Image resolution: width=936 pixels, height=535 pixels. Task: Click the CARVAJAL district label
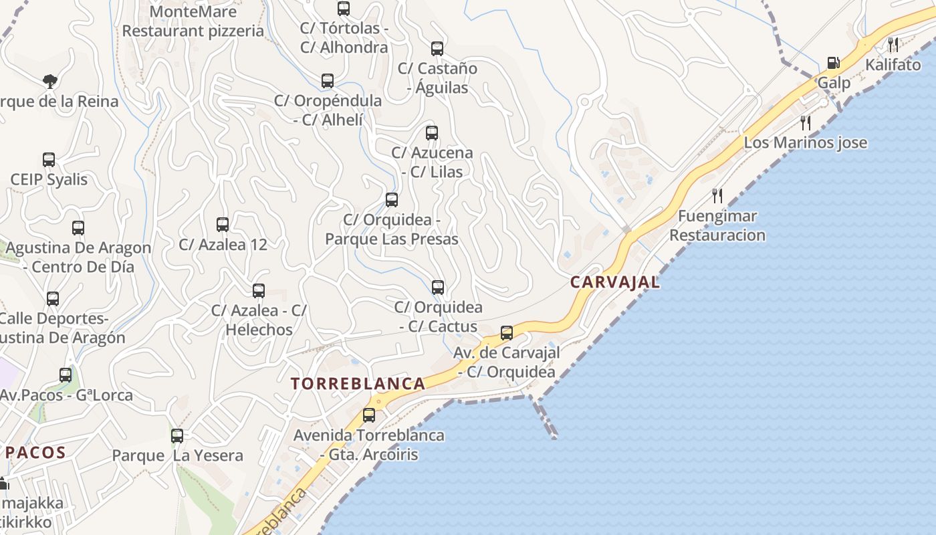[x=614, y=282]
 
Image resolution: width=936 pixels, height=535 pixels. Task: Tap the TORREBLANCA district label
[x=358, y=383]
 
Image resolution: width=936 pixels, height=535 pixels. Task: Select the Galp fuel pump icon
[x=833, y=63]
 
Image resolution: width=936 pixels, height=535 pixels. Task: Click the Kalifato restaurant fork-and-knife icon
[x=893, y=45]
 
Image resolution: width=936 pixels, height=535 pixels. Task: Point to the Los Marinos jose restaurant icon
[x=806, y=122]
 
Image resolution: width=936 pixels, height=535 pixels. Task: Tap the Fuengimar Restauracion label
[x=717, y=225]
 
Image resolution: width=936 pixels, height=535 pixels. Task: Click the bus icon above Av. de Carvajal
[x=507, y=332]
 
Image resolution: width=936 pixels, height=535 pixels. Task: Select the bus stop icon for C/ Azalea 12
[x=223, y=225]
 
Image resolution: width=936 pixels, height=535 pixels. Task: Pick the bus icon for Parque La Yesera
[x=177, y=436]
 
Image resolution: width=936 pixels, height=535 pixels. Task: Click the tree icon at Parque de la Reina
[x=49, y=82]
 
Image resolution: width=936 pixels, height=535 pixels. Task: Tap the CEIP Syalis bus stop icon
[x=49, y=160]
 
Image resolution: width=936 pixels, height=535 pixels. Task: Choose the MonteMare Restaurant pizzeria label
[x=193, y=21]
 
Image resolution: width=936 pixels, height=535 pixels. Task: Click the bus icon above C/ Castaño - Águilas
[x=437, y=48]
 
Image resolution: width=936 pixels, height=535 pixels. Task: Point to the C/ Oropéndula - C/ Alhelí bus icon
[x=328, y=81]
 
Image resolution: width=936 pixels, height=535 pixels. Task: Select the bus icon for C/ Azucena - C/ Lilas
[x=432, y=132]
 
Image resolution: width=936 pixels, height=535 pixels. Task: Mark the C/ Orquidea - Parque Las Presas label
[x=392, y=229]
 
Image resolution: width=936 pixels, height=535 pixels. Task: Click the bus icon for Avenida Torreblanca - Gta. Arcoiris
[x=369, y=415]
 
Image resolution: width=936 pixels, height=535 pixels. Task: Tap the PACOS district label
[x=36, y=452]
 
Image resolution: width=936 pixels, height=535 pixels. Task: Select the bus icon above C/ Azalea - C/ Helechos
[x=259, y=291]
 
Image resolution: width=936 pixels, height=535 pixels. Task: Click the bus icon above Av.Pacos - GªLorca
[x=66, y=375]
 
